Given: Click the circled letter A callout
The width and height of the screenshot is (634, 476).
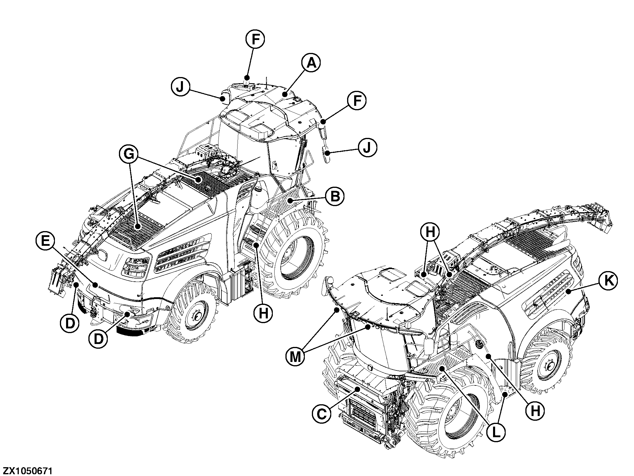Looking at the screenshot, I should pos(311,64).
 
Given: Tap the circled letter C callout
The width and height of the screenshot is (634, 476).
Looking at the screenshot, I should pos(322,415).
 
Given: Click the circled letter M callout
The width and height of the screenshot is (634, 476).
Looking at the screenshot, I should pos(295,357).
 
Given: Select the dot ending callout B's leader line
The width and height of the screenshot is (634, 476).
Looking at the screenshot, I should pos(290,201).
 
